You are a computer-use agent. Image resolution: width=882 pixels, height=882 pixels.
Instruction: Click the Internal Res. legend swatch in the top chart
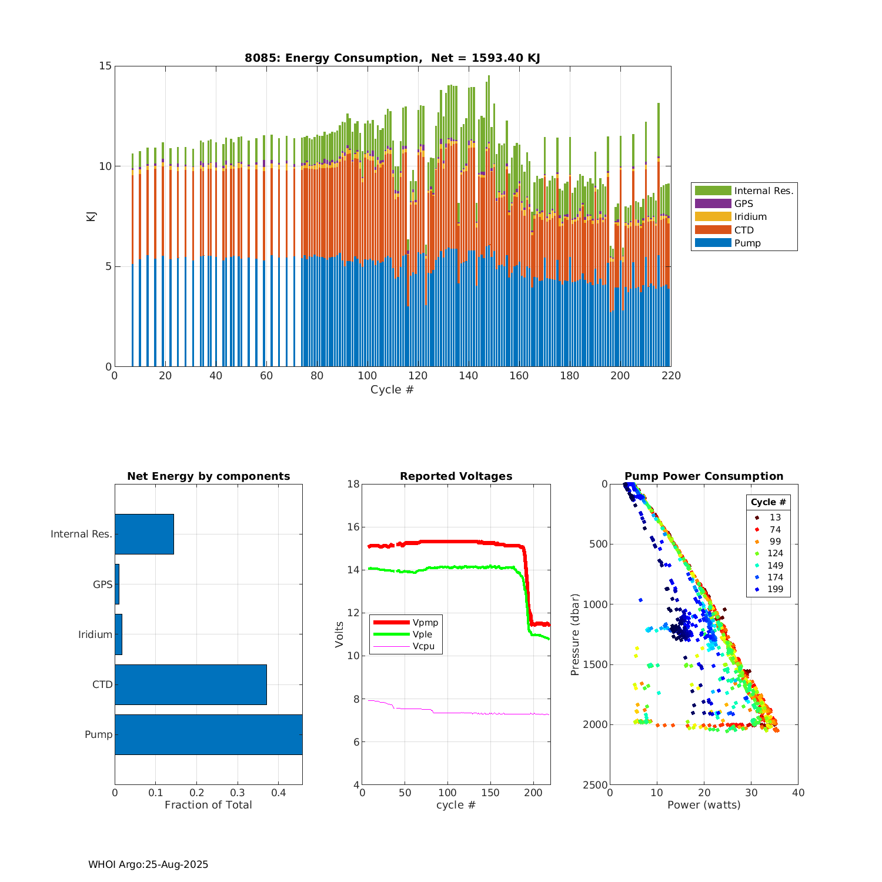[x=713, y=191]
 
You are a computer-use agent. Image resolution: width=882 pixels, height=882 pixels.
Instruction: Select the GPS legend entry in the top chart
[x=743, y=203]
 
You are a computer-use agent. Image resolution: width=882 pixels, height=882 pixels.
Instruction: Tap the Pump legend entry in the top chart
[x=747, y=243]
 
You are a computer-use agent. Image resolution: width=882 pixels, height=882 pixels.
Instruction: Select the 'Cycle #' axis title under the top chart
[x=392, y=390]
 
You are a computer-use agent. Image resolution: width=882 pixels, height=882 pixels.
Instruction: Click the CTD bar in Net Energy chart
[x=191, y=684]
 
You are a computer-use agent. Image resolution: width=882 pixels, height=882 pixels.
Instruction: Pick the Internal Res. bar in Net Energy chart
[x=144, y=534]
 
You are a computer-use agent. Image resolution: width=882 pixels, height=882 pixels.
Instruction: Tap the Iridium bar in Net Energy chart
[x=118, y=634]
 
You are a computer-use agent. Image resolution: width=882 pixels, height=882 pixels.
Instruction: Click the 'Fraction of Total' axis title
[x=208, y=805]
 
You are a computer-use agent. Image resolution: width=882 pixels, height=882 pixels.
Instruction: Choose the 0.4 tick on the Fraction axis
[x=279, y=793]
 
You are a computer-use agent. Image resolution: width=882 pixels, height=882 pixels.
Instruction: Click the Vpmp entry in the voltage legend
[x=425, y=623]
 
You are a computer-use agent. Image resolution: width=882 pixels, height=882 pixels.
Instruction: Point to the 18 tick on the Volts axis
[x=353, y=484]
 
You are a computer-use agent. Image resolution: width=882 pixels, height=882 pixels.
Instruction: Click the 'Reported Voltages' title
[x=456, y=476]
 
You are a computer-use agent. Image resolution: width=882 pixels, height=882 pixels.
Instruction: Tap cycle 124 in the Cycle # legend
[x=775, y=553]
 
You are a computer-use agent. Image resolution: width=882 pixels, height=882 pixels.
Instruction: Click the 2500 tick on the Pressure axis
[x=595, y=785]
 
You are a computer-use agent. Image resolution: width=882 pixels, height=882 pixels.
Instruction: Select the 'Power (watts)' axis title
[x=704, y=805]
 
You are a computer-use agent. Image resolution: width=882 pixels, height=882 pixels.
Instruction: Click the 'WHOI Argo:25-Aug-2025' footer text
[x=148, y=864]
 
